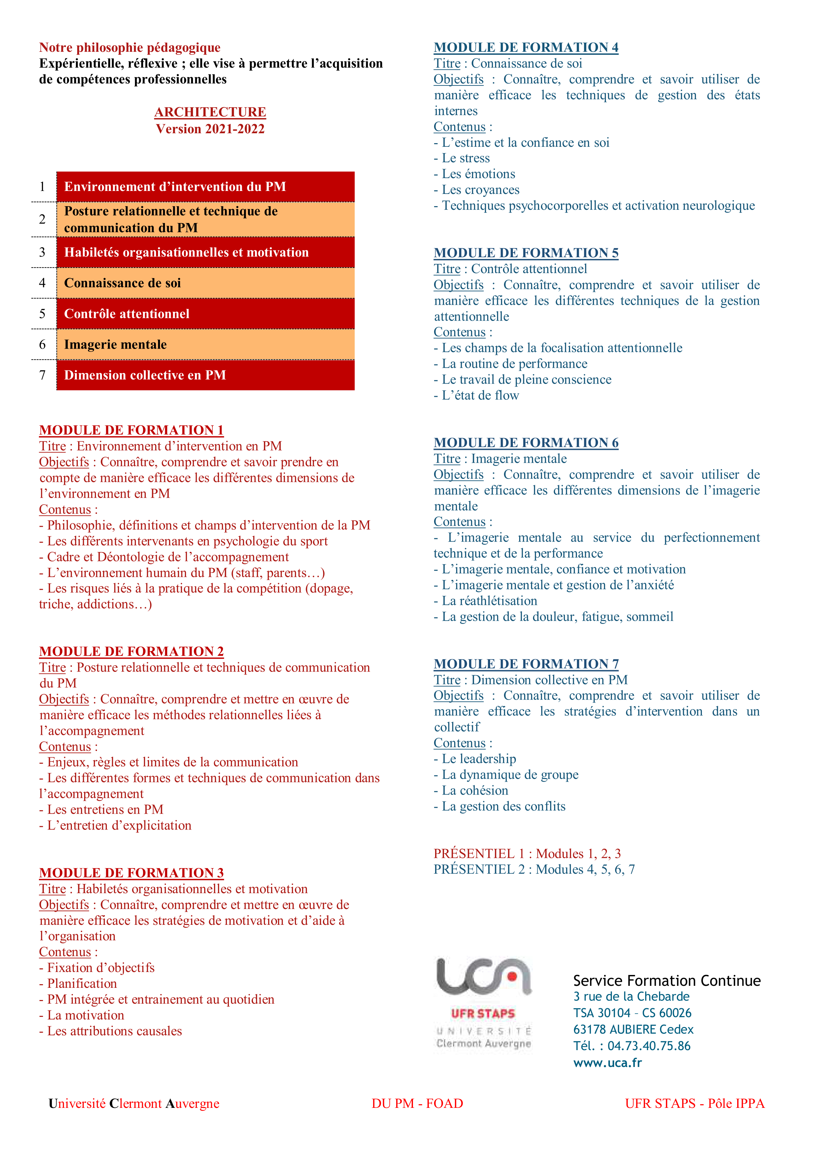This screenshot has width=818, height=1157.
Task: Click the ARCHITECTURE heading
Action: (x=210, y=112)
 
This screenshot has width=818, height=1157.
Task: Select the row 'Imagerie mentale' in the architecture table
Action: (x=205, y=345)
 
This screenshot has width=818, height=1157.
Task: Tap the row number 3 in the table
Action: (x=42, y=252)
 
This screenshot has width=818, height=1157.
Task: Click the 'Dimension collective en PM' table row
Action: (x=205, y=375)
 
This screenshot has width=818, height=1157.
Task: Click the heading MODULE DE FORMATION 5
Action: (x=526, y=253)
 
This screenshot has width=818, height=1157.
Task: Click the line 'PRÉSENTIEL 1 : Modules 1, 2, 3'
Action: (x=527, y=854)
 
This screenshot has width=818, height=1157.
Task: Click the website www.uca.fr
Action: (x=607, y=1063)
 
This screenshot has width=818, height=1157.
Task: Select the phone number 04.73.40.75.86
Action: (x=649, y=1046)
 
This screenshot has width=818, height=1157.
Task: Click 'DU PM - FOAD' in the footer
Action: (x=417, y=1104)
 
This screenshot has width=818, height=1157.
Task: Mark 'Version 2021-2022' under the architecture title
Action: (x=210, y=129)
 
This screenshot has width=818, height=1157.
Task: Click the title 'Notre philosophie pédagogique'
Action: (x=130, y=47)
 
